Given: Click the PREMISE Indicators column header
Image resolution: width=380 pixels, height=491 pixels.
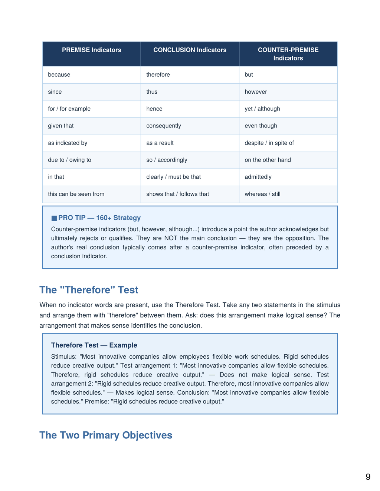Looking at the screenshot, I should click(x=91, y=50).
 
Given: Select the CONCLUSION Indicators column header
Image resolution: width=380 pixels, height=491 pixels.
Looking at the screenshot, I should click(x=190, y=50).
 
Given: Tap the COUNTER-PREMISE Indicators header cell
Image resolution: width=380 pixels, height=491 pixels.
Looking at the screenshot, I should click(x=288, y=54).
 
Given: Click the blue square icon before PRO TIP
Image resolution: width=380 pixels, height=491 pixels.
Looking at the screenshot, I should click(x=54, y=218).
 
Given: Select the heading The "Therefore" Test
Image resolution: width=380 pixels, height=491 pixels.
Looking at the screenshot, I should click(x=89, y=290).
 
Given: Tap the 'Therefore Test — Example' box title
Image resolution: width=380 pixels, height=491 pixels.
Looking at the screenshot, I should click(x=94, y=345).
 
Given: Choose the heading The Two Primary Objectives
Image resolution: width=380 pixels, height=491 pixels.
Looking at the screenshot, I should click(x=106, y=435).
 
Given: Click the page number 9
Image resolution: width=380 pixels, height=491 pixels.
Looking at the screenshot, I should click(x=368, y=477).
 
